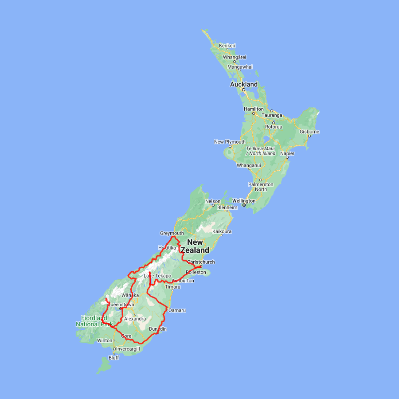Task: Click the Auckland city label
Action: pos(243,84)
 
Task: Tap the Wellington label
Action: pos(243,201)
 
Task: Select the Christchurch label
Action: pos(201,262)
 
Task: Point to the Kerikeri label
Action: pos(227,46)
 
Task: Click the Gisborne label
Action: pos(309,132)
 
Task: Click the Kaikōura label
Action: pos(222,231)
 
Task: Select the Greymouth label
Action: pos(172,233)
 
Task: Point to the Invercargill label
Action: pos(128,349)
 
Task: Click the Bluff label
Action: pos(114,358)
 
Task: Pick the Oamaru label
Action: pos(177,310)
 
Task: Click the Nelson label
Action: pos(212,201)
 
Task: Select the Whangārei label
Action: pos(235,57)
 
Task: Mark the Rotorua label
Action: pos(274,127)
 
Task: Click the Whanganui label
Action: pos(249,165)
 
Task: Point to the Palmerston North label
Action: pos(261,187)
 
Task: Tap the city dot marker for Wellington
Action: pos(244,205)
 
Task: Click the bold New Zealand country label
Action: pos(195,246)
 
